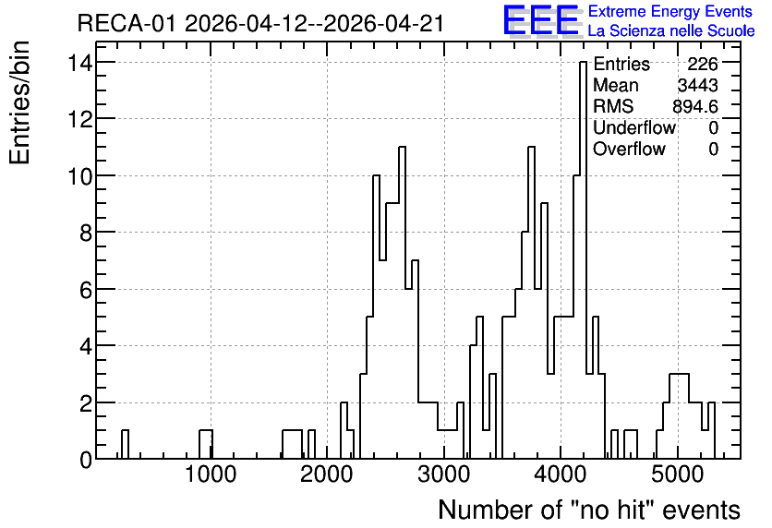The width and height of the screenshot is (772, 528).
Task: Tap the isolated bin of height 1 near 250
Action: [x=125, y=444]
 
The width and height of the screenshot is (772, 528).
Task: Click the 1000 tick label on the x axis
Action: [x=211, y=474]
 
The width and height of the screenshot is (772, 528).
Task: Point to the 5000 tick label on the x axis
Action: [x=678, y=474]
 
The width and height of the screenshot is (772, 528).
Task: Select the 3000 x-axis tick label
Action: [x=444, y=474]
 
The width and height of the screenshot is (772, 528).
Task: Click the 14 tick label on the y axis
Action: [x=79, y=63]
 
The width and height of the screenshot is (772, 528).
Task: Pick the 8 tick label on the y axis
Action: [x=86, y=233]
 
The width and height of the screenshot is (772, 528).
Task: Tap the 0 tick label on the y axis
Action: [x=86, y=460]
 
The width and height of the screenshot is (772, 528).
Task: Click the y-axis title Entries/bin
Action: [x=19, y=102]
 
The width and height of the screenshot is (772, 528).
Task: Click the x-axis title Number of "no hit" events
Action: [x=589, y=510]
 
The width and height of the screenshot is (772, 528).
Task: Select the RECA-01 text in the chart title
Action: [x=127, y=24]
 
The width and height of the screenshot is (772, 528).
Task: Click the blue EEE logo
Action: [x=541, y=20]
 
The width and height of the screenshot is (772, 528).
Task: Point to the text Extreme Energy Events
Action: [x=670, y=11]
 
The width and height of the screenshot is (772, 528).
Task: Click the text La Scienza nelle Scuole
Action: [x=671, y=31]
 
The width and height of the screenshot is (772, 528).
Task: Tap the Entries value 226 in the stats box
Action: [x=703, y=64]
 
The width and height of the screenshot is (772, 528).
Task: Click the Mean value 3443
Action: [x=697, y=85]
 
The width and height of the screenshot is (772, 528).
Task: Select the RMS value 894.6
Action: [x=695, y=106]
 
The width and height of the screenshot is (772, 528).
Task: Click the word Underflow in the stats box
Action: [x=634, y=127]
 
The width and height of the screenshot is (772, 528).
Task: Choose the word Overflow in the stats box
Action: [x=629, y=149]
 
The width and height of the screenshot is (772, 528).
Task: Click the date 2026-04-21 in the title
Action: [x=383, y=24]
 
